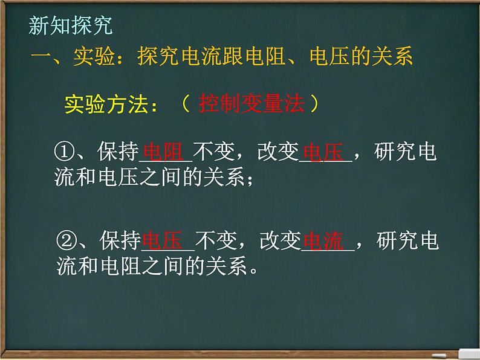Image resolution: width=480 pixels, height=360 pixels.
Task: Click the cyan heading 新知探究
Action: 71,26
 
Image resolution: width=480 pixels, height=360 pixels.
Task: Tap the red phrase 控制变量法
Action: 251,103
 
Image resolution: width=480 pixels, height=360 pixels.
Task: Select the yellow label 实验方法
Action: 106,104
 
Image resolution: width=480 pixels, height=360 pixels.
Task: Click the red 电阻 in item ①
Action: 163,152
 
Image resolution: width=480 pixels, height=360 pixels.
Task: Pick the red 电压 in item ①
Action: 323,152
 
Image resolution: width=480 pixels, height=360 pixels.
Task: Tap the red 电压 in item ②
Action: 163,240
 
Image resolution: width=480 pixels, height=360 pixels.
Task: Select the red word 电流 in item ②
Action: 323,241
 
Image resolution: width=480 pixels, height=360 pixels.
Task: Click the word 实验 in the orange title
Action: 94,56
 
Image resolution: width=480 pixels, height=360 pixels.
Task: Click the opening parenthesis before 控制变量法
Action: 186,103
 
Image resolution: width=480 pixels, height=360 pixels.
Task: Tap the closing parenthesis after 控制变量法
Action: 315,103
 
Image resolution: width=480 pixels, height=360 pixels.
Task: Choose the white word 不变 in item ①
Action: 214,152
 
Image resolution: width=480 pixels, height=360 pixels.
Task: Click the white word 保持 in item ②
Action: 120,240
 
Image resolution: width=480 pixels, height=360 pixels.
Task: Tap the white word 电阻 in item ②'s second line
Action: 121,266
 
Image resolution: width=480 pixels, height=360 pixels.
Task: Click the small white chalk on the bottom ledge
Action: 439,356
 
